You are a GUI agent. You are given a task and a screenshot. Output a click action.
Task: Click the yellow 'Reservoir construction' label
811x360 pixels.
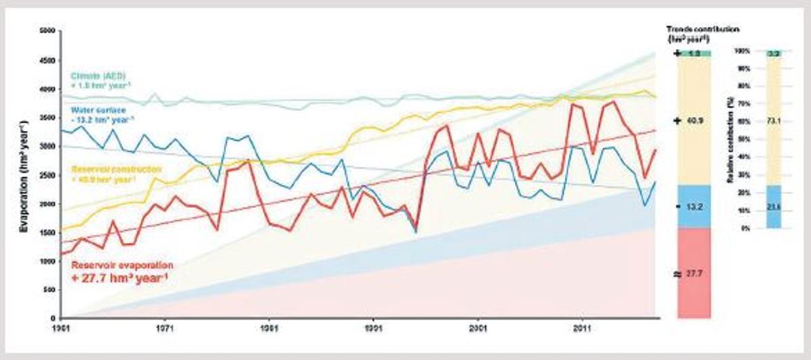[x=111, y=168]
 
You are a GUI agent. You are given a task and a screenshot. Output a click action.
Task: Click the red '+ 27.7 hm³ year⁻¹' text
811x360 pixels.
[x=120, y=277]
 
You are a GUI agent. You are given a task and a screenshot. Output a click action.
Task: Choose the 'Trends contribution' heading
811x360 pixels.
[x=703, y=29]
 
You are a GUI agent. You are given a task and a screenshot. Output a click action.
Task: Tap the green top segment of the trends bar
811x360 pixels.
[x=693, y=53]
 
